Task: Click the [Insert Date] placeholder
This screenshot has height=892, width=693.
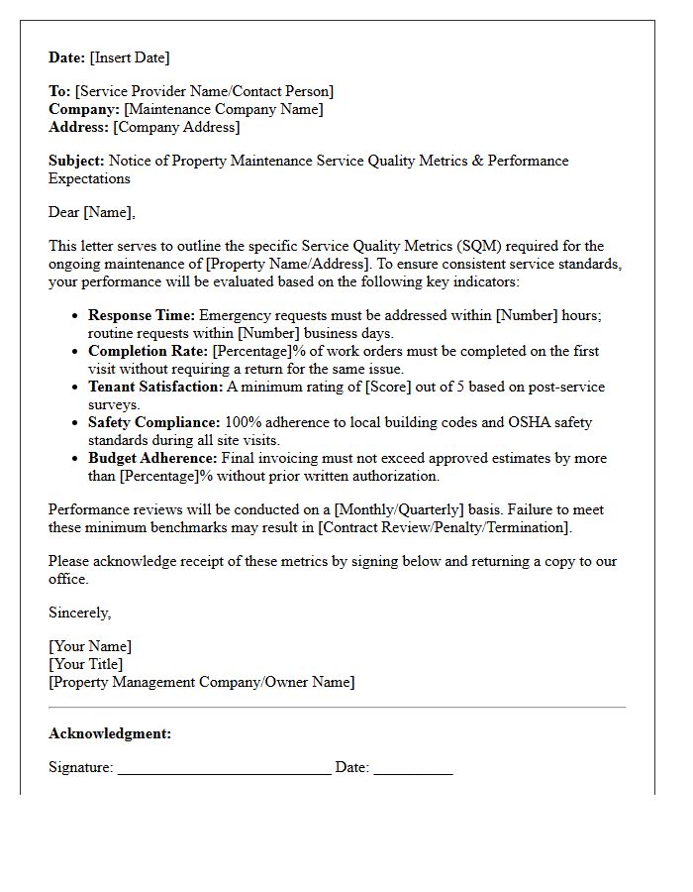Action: pos(130,57)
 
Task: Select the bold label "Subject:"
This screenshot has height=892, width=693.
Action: pos(76,161)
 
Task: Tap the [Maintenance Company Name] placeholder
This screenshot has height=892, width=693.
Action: pos(223,109)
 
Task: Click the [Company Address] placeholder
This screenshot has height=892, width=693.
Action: pos(176,127)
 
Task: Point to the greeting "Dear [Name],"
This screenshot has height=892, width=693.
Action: pos(92,212)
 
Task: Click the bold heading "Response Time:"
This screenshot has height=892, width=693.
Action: pos(142,315)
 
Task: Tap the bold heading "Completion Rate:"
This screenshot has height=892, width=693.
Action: pos(148,351)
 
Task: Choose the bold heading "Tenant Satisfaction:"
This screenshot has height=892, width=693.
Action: pos(155,387)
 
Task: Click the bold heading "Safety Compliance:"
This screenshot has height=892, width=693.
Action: pos(154,422)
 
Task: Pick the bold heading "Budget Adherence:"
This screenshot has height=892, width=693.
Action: pos(152,458)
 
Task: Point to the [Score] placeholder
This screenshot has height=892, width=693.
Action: pos(389,387)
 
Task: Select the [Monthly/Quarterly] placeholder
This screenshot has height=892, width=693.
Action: pos(398,509)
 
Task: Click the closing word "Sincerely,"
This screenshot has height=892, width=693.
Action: pos(80,613)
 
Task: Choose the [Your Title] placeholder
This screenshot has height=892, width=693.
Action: pos(86,664)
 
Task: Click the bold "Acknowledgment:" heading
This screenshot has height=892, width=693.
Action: pos(110,733)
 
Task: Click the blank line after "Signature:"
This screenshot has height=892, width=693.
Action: pos(224,767)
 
